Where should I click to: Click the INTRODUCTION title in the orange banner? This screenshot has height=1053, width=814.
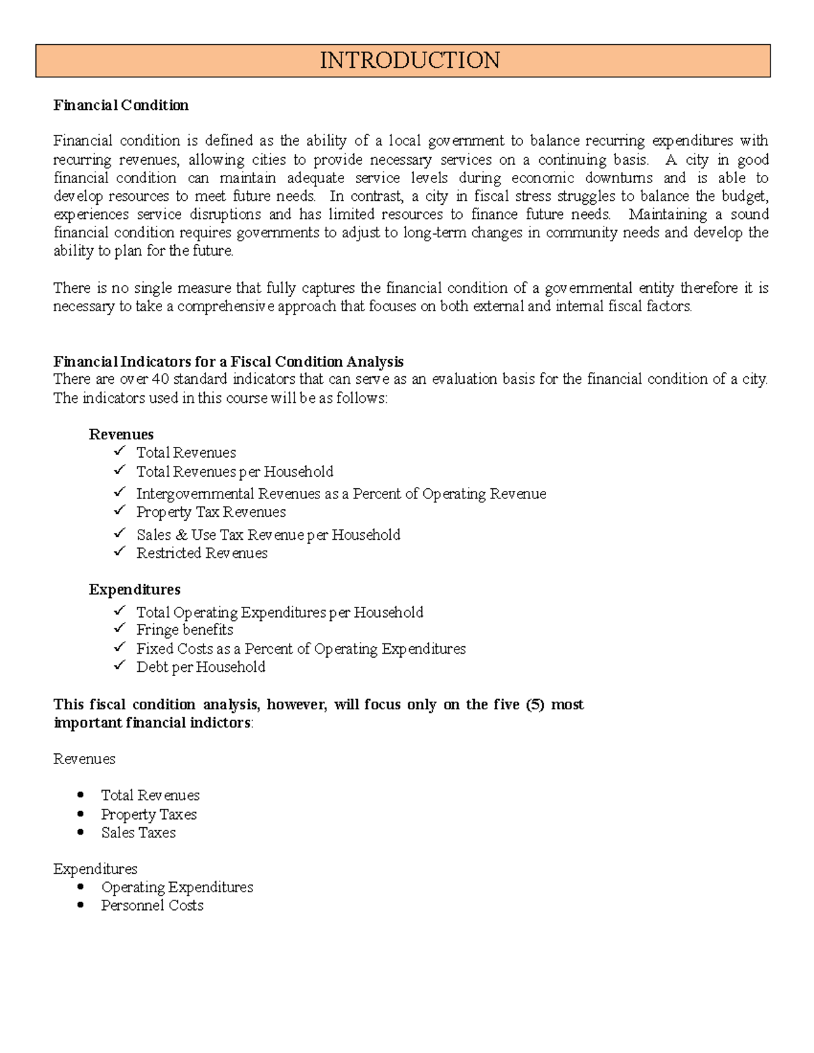410,60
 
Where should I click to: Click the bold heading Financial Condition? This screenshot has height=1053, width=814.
121,105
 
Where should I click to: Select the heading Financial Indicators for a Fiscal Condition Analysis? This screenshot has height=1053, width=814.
229,361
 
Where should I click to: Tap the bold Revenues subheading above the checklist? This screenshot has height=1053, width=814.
121,435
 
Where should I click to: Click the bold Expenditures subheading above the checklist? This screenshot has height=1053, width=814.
134,589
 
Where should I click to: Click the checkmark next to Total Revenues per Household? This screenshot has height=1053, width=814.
120,469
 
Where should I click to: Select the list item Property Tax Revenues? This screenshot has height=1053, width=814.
210,512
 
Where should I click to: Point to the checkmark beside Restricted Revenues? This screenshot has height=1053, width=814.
120,551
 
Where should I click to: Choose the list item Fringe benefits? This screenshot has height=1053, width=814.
185,630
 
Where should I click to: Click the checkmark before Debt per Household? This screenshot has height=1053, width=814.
120,665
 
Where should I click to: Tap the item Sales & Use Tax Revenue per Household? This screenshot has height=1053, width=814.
268,535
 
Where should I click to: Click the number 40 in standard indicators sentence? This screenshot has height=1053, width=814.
160,379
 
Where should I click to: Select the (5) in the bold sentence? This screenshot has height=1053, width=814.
535,704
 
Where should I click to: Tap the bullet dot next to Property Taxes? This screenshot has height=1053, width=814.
81,814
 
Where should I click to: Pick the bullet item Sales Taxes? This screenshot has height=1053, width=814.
138,833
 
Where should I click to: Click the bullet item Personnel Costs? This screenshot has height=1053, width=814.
152,905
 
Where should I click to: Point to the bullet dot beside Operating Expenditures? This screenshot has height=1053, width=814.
81,886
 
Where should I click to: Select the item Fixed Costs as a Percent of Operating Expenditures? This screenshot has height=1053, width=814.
301,649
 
